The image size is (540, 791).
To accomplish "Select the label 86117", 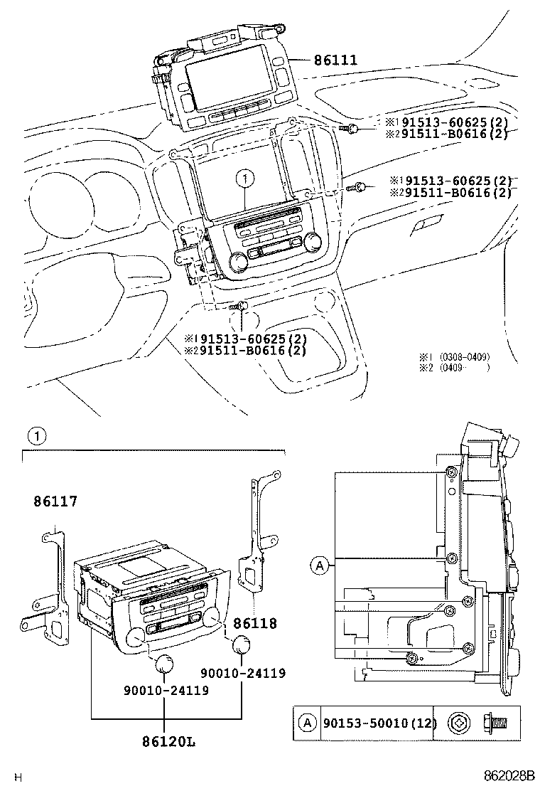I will (55, 501).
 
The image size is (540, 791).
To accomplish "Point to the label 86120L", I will (168, 742).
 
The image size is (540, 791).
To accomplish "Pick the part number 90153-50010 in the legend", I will (369, 723).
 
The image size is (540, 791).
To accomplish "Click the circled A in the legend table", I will (307, 723).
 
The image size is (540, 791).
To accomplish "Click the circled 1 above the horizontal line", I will (36, 435).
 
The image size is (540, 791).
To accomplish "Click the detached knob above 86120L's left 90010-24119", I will (165, 664).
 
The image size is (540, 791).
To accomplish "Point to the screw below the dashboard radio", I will (240, 307).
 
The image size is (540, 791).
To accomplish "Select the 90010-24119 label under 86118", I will (242, 672).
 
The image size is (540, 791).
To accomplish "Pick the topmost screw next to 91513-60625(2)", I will (353, 128).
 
